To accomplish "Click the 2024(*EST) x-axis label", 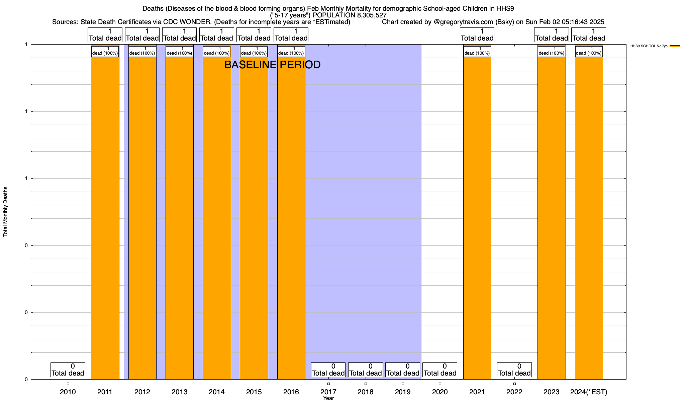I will pos(589,392).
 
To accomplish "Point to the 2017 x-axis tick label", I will pos(328,392).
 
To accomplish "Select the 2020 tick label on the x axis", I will pos(440,392).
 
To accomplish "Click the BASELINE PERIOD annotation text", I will pos(272,65).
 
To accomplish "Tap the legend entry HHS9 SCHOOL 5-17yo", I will pos(649,46).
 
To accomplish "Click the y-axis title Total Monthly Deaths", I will pos(5,212).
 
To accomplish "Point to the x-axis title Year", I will pos(328,398).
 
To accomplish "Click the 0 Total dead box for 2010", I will pos(68,370).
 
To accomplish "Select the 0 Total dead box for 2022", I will pos(514,370).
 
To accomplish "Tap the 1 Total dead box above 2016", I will pos(291,35).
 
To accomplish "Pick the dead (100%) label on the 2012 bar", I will pos(142,51).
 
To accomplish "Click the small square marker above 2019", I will pos(403,384).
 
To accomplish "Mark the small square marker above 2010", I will pos(68,384).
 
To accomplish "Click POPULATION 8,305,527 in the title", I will pos(350,15).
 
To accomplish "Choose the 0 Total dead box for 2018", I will pos(366,370).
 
